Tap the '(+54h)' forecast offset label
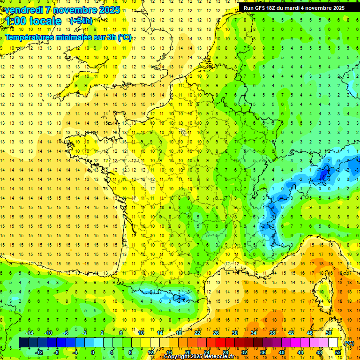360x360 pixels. [81, 21]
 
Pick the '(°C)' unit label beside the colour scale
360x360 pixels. [349, 343]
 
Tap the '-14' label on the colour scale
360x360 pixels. [29, 333]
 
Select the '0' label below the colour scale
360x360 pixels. [93, 352]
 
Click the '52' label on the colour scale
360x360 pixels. [337, 352]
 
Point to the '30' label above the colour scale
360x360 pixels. [235, 333]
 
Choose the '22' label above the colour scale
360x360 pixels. [197, 333]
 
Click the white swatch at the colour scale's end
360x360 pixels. [333, 343]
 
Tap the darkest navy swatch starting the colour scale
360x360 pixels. [24, 343]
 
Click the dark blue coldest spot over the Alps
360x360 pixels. [323, 174]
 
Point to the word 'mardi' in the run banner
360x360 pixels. [289, 8]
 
